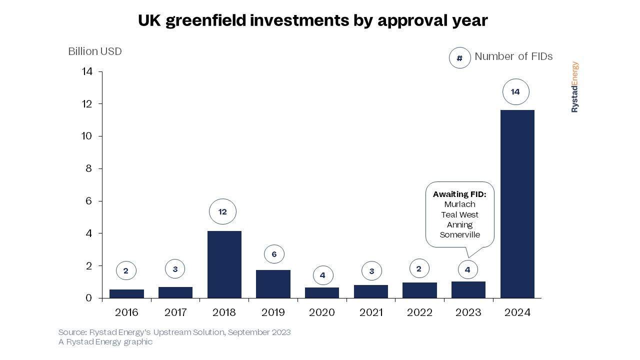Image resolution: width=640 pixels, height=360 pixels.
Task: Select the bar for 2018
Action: pyautogui.click(x=224, y=264)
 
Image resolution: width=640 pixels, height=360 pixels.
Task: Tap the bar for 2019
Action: pyautogui.click(x=273, y=284)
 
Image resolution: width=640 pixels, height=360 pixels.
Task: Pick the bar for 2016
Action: pyautogui.click(x=126, y=293)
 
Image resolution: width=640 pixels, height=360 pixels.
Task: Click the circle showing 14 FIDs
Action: pyautogui.click(x=515, y=92)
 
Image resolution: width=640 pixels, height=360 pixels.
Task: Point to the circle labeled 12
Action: pyautogui.click(x=222, y=212)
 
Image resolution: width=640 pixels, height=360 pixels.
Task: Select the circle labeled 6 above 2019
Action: pyautogui.click(x=274, y=254)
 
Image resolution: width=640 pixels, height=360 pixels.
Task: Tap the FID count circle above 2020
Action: pyautogui.click(x=322, y=275)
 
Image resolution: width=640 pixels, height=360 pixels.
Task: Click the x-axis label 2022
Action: pyautogui.click(x=419, y=313)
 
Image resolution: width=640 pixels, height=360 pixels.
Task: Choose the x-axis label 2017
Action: pyautogui.click(x=175, y=313)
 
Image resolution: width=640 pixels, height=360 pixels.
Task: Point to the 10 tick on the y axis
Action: pyautogui.click(x=87, y=136)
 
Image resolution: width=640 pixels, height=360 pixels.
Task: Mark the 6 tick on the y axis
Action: pyautogui.click(x=89, y=201)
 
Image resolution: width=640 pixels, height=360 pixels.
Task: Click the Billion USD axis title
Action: pyautogui.click(x=95, y=51)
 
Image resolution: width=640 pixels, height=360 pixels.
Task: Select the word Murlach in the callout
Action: pyautogui.click(x=459, y=204)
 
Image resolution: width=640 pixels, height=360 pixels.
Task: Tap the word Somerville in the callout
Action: pyautogui.click(x=459, y=234)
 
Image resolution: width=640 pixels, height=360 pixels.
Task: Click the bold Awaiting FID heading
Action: pyautogui.click(x=459, y=194)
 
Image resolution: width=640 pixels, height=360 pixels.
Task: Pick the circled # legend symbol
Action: pyautogui.click(x=460, y=58)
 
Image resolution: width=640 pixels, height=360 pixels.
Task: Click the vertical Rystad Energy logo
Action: pyautogui.click(x=574, y=87)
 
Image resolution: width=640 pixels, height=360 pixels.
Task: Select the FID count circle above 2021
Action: pyautogui.click(x=371, y=271)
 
